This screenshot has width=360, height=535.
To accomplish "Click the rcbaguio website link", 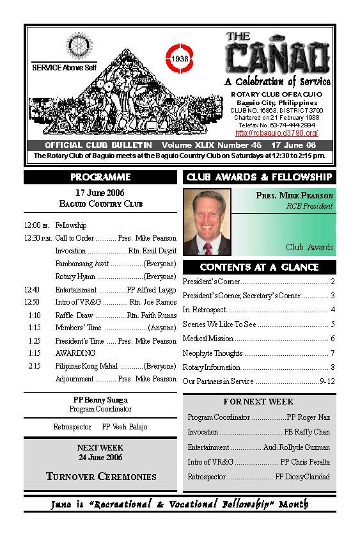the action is coord(277,132).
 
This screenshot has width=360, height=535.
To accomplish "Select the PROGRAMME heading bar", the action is coord(100,177).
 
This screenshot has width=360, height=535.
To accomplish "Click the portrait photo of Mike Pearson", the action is coord(207,222).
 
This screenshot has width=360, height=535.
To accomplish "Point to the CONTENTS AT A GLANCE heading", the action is coord(259,267).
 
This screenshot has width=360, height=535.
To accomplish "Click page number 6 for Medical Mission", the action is coord(333,339).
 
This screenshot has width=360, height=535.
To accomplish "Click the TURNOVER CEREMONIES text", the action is coord(101,476).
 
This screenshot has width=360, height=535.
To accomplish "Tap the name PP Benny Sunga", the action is coord(100,400).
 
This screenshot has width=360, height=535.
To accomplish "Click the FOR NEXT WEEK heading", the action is coord(258,402).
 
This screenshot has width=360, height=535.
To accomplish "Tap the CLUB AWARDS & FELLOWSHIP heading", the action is coord(259,177).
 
